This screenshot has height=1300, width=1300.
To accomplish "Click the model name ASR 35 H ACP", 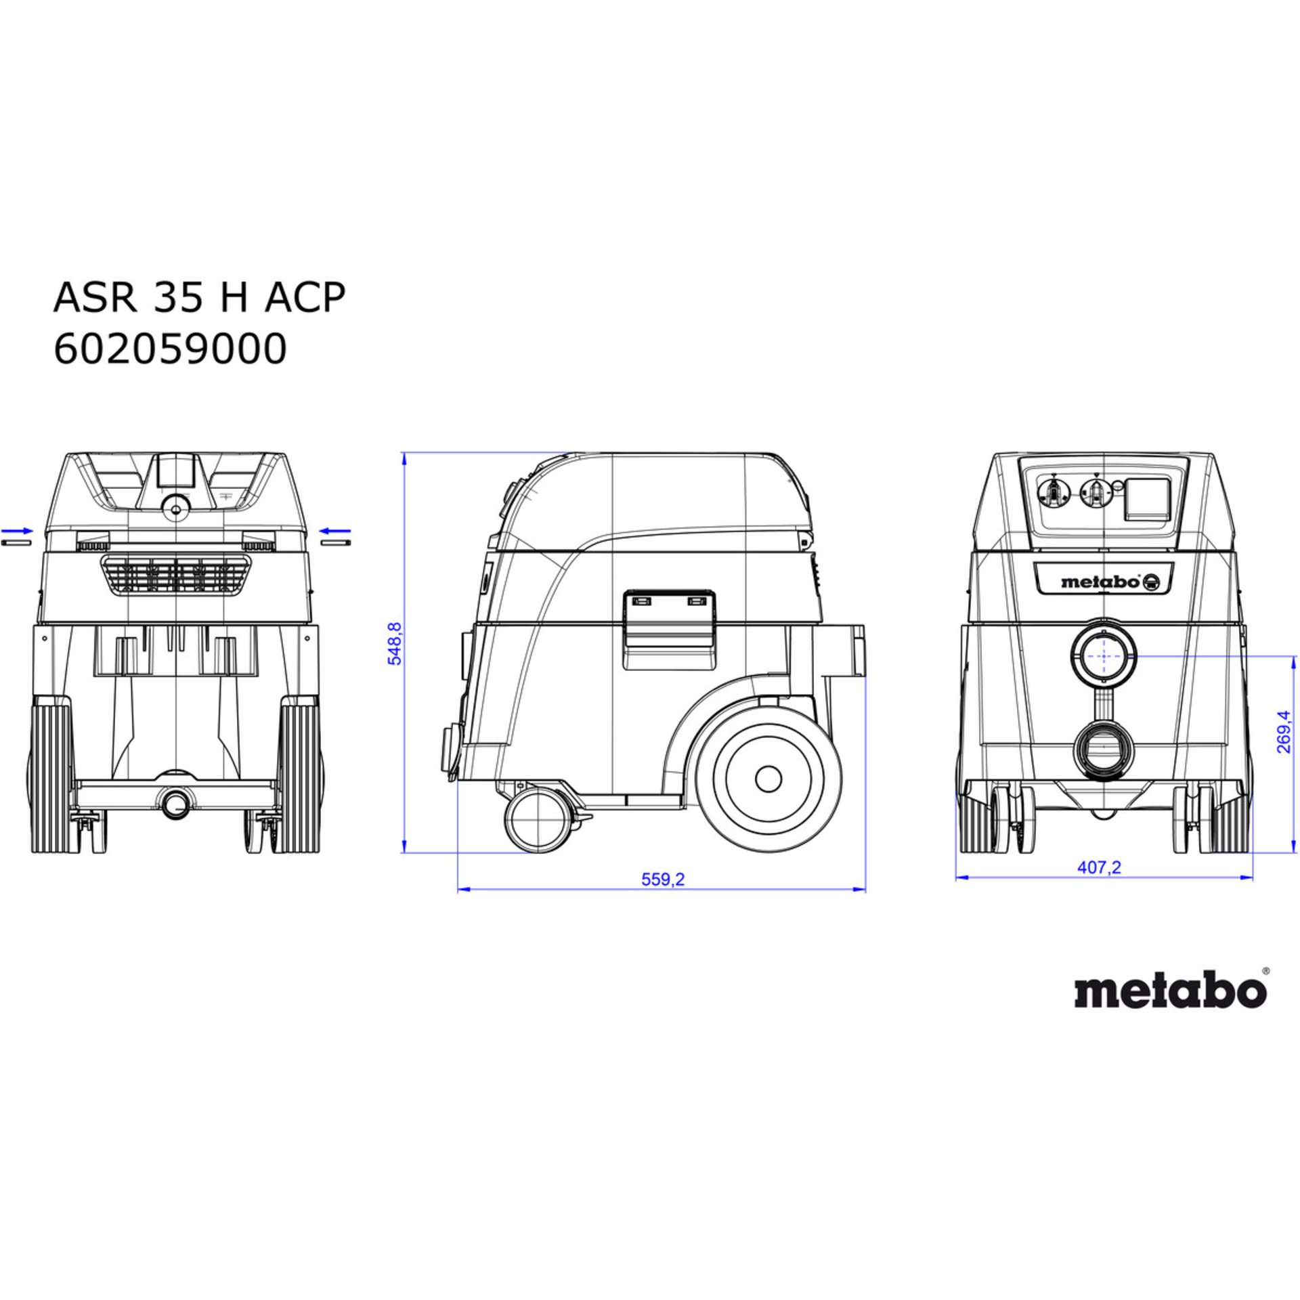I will [x=199, y=297].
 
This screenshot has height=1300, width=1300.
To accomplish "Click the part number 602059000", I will [x=170, y=350].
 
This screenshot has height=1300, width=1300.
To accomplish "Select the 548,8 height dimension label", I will [x=395, y=643].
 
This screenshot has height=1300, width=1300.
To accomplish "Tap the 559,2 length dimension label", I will [x=663, y=879].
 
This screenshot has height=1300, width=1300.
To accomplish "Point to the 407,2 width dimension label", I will [x=1099, y=867].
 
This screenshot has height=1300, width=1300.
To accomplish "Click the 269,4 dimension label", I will [x=1283, y=732].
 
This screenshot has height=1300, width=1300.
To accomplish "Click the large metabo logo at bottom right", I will [x=1170, y=991].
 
